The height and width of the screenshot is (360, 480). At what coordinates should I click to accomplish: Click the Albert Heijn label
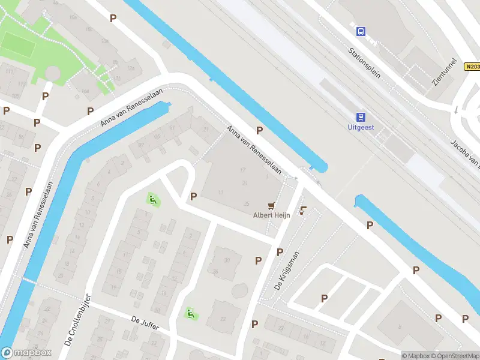pyautogui.click(x=272, y=215)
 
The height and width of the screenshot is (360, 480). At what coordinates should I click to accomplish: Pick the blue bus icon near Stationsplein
pyautogui.click(x=361, y=31)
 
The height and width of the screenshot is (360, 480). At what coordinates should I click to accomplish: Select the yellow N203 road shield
pyautogui.click(x=473, y=67)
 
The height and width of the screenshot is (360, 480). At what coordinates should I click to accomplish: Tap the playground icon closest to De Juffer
pyautogui.click(x=190, y=313)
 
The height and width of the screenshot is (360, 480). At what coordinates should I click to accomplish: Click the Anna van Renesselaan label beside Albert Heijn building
pyautogui.click(x=254, y=150)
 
